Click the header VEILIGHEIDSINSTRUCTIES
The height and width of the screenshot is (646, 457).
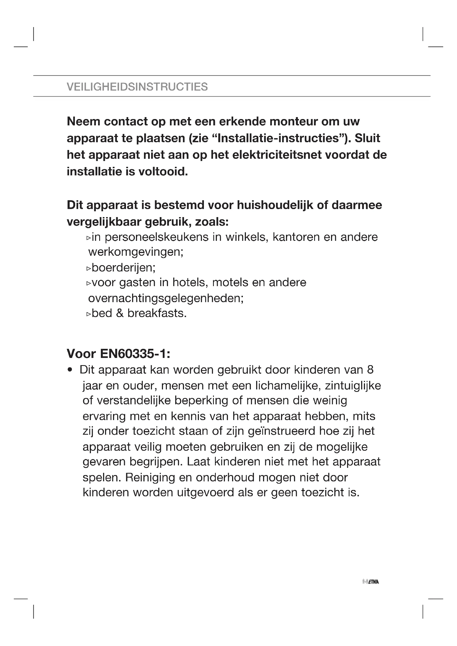pyautogui.click(x=137, y=87)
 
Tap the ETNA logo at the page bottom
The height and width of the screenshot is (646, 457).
pyautogui.click(x=371, y=582)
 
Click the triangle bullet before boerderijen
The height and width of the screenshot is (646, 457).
pyautogui.click(x=88, y=268)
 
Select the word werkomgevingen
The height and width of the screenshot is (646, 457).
pyautogui.click(x=136, y=252)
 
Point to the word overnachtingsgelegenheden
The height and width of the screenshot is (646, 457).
pyautogui.click(x=166, y=298)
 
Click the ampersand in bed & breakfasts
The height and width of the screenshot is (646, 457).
pyautogui.click(x=120, y=313)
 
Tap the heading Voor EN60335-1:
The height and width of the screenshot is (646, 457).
pyautogui.click(x=119, y=354)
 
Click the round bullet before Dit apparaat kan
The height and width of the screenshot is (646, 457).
pyautogui.click(x=70, y=370)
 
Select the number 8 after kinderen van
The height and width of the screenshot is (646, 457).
pyautogui.click(x=370, y=370)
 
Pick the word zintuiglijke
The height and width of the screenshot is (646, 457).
pyautogui.click(x=353, y=386)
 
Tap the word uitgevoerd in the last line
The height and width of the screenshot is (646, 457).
pyautogui.click(x=205, y=492)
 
